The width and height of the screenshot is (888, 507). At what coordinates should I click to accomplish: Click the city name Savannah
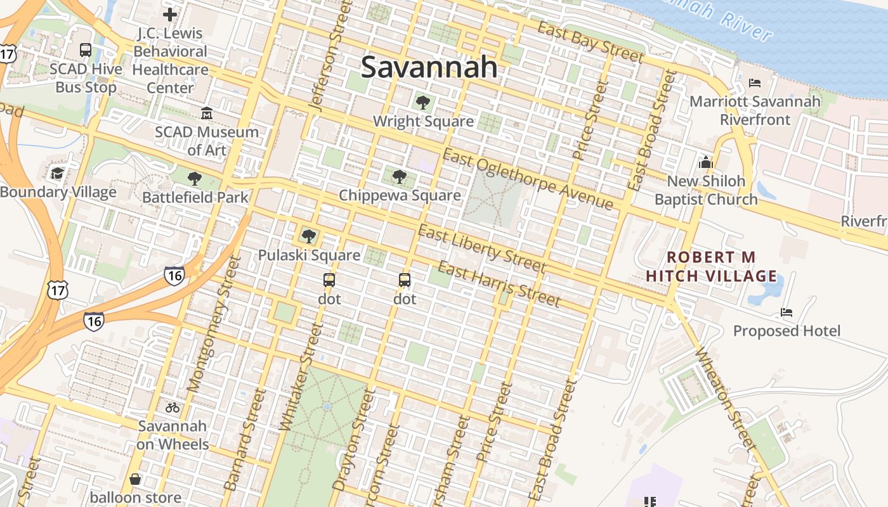pos(429,67)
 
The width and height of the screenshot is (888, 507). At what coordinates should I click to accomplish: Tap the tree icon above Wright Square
pos(422,102)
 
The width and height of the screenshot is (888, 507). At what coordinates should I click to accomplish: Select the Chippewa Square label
pos(400,195)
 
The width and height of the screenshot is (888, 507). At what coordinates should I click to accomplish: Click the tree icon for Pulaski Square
pos(309,236)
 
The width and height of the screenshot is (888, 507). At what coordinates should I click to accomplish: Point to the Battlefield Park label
pos(195,197)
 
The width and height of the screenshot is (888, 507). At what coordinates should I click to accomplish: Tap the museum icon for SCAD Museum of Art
pos(206,113)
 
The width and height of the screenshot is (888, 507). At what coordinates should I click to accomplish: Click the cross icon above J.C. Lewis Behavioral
pos(169,14)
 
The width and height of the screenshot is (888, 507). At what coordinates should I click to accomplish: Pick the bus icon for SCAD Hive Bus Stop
pos(86,50)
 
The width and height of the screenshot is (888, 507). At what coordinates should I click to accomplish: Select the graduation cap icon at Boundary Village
pos(58,173)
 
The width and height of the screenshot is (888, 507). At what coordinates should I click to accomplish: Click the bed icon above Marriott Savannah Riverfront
pos(754,82)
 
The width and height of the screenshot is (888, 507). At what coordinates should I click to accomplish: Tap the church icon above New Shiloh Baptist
pos(706,162)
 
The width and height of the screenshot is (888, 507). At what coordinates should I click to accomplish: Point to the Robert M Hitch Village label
pos(711,266)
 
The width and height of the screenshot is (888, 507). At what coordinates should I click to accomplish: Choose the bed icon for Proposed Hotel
pos(787,312)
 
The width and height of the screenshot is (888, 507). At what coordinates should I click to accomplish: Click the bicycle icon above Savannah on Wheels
pos(172,408)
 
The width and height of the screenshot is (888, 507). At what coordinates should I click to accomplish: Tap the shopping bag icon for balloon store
pos(135,479)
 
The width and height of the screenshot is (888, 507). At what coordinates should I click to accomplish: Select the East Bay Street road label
pos(590,42)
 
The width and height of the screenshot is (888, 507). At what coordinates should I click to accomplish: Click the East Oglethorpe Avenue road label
pos(528,179)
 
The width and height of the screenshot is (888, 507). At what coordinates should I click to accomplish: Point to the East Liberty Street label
pos(481,248)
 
